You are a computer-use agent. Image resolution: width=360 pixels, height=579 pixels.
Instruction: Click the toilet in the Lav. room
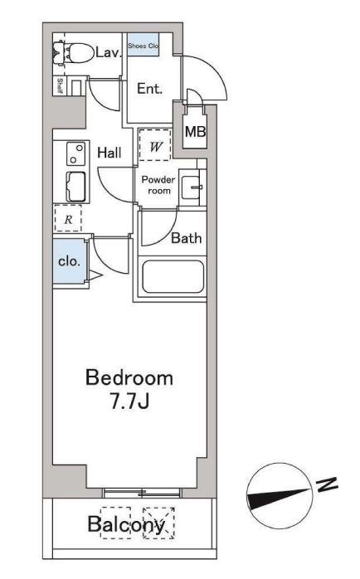pyautogui.click(x=74, y=53)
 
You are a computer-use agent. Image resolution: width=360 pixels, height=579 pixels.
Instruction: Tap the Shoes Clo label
pyautogui.click(x=144, y=46)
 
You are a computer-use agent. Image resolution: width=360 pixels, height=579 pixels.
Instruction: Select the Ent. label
pyautogui.click(x=149, y=89)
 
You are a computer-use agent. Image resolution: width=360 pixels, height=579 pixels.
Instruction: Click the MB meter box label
pyautogui.click(x=195, y=131)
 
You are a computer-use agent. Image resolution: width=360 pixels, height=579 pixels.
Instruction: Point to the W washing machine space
pyautogui.click(x=155, y=144)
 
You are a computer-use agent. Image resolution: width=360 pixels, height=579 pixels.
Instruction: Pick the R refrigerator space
pyautogui.click(x=68, y=219)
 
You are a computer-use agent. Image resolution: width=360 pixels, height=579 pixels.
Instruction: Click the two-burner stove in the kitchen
pyautogui.click(x=76, y=153)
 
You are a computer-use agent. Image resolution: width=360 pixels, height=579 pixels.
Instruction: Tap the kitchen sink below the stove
pyautogui.click(x=76, y=187)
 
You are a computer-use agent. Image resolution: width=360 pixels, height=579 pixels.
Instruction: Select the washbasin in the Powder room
pyautogui.click(x=192, y=187)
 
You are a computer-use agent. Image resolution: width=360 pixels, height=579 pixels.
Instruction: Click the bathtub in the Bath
pyautogui.click(x=173, y=277)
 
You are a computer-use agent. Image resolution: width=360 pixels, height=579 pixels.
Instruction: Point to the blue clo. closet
pyautogui.click(x=69, y=261)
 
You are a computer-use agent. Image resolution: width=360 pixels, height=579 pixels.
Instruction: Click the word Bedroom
pyautogui.click(x=129, y=378)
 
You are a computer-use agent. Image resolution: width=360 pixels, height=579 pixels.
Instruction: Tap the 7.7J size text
pyautogui.click(x=129, y=401)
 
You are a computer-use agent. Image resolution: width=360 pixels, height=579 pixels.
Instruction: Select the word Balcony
pyautogui.click(x=126, y=524)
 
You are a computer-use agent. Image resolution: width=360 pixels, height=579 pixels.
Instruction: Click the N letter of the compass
pyautogui.click(x=327, y=484)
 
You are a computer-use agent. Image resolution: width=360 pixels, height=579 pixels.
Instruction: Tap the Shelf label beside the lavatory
pyautogui.click(x=60, y=85)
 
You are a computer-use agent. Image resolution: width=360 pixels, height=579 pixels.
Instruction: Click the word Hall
pyautogui.click(x=109, y=153)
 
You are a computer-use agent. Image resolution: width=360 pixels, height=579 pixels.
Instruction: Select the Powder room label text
pyautogui.click(x=158, y=185)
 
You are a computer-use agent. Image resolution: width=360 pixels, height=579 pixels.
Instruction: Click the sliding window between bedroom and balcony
pyautogui.click(x=142, y=492)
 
